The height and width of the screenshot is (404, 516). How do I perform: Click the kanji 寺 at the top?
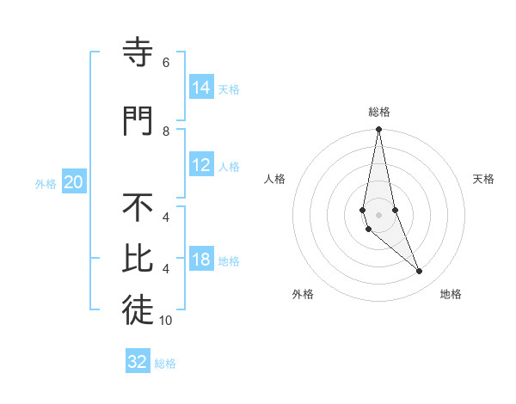(138, 53)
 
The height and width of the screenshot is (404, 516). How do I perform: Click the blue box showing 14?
(201, 87)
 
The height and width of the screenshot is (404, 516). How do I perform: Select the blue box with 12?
(201, 165)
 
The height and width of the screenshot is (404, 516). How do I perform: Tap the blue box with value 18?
(201, 260)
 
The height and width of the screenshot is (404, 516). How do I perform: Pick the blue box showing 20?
(74, 182)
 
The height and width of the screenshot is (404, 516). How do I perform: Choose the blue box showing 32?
(138, 362)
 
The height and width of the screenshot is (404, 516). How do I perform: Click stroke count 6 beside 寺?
(166, 63)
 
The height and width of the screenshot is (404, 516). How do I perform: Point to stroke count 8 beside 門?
(166, 131)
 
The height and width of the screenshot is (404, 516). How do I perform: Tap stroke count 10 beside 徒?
(166, 321)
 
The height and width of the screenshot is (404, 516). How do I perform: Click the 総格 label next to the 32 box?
(165, 364)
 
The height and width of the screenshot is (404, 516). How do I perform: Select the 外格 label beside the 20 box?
(46, 183)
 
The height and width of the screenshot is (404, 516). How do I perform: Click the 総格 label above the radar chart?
(379, 112)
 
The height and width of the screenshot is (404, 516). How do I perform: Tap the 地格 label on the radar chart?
(451, 295)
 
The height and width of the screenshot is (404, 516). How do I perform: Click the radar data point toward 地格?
(420, 272)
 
